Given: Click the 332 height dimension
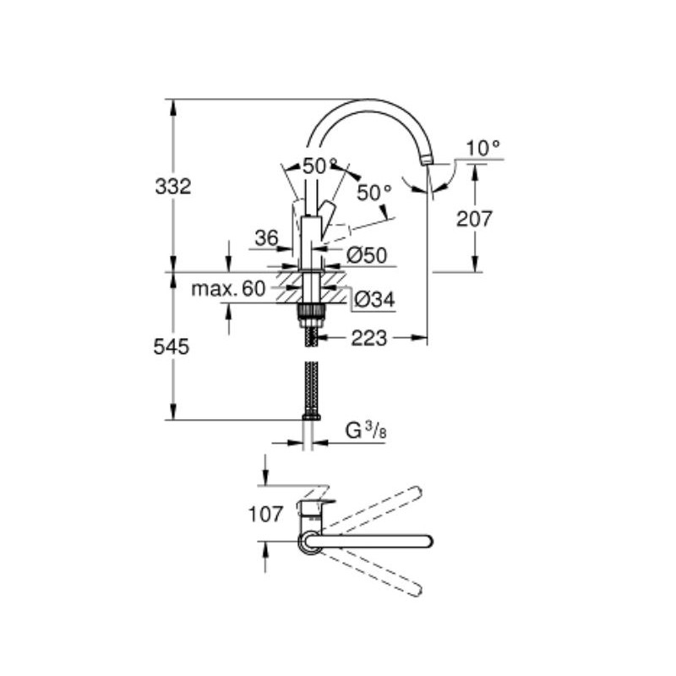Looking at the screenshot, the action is tap(173, 187).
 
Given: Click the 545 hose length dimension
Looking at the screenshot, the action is tap(172, 346).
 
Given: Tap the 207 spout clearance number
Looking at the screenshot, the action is tap(474, 219).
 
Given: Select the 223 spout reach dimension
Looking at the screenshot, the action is tap(368, 338).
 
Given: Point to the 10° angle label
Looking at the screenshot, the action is tap(482, 149).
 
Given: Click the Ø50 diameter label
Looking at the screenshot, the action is tap(367, 256).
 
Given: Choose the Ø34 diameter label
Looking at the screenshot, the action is tap(373, 299).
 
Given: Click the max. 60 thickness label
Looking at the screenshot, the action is tap(228, 288).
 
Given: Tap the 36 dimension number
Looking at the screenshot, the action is tap(266, 237).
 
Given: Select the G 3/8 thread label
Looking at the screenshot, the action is tap(366, 430).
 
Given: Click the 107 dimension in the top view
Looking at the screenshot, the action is tap(265, 514).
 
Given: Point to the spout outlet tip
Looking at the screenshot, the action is tap(427, 161).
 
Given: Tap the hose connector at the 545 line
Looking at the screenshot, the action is tap(311, 417).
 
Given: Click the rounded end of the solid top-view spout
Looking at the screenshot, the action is tap(428, 542).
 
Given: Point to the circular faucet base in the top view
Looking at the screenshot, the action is tap(308, 542).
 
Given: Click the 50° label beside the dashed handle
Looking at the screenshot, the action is tap(374, 193).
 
